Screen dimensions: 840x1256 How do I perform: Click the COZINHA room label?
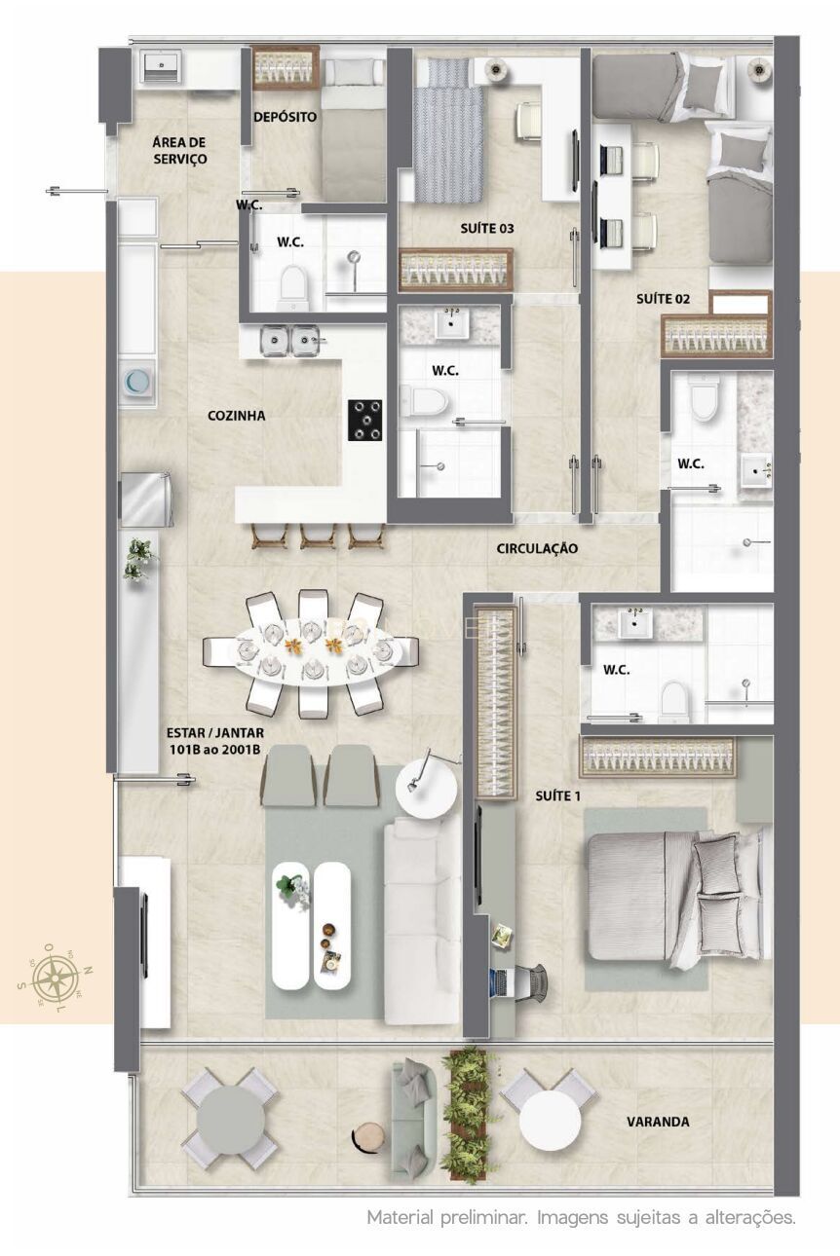pyautogui.click(x=236, y=416)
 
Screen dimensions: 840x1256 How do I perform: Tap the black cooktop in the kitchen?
pyautogui.click(x=365, y=420)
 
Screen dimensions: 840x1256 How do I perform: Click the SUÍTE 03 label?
pyautogui.click(x=487, y=228)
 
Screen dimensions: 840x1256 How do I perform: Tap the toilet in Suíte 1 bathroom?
pyautogui.click(x=674, y=701)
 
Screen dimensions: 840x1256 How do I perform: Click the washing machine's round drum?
pyautogui.click(x=136, y=382)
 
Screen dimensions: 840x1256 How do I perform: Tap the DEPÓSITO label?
pyautogui.click(x=286, y=117)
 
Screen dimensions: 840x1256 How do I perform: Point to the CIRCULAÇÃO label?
pyautogui.click(x=537, y=548)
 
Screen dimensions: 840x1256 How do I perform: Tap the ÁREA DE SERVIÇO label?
pyautogui.click(x=180, y=150)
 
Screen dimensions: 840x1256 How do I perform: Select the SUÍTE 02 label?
pyautogui.click(x=663, y=299)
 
